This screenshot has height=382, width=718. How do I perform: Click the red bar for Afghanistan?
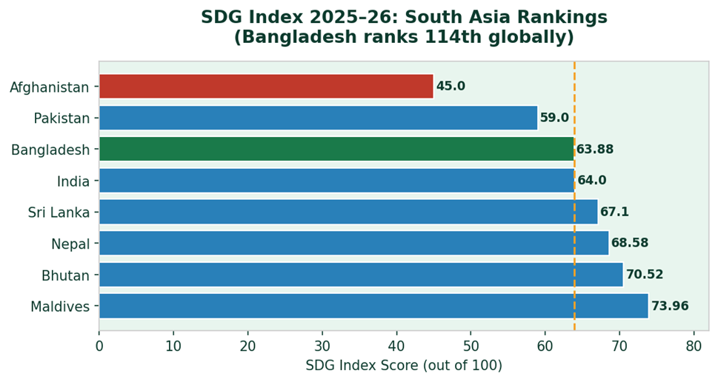click(266, 87)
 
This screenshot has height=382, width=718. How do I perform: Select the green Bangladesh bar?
click(336, 149)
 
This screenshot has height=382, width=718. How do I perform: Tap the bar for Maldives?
click(373, 306)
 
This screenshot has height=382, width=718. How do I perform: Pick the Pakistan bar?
click(318, 118)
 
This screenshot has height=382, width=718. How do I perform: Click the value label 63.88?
click(595, 150)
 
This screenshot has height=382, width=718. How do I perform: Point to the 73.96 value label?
click(670, 306)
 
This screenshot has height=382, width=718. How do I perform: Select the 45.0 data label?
click(451, 87)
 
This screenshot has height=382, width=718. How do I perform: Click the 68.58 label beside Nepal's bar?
click(630, 244)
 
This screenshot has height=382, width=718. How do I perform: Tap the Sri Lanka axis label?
click(59, 213)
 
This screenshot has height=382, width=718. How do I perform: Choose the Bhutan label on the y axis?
click(65, 276)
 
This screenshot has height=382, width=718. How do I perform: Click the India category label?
click(73, 181)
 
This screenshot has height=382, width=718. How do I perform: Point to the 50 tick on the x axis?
click(471, 346)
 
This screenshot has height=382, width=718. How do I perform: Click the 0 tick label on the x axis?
click(99, 346)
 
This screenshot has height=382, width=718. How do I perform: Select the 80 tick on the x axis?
click(694, 346)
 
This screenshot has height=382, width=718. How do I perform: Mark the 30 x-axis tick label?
click(322, 346)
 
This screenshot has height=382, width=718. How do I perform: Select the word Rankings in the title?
click(564, 18)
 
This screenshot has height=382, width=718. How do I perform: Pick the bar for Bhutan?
click(361, 275)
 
